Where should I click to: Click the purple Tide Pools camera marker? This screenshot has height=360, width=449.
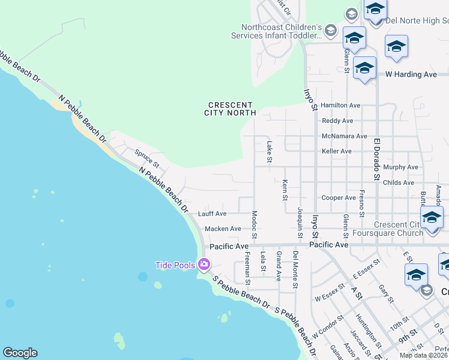204,264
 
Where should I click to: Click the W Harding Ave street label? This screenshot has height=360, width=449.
411,74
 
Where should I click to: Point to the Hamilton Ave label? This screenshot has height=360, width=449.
340,105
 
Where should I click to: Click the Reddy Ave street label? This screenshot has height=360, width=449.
337,121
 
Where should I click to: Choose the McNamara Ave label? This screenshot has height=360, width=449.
344,136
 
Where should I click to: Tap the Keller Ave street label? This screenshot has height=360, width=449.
337,151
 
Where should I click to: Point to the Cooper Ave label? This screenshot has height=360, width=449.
339,197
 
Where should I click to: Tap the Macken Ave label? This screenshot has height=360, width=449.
223,229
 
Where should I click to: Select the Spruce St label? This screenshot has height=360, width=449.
146,158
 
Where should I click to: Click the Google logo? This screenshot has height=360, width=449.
20,353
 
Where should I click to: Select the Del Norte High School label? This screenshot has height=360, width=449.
417,20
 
